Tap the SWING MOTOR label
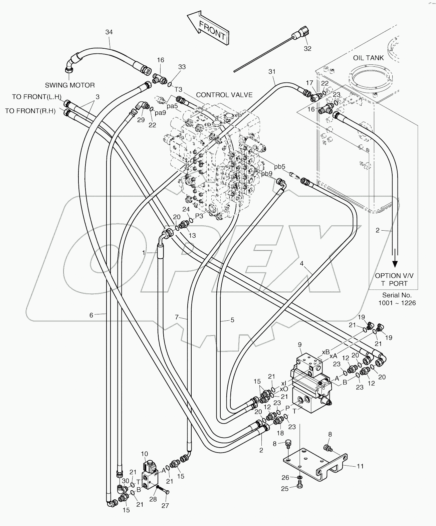[70, 85]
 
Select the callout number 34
[109, 32]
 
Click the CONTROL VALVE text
[224, 95]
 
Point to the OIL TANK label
[368, 58]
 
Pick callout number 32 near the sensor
[307, 48]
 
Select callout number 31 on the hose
[272, 71]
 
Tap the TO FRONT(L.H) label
[37, 97]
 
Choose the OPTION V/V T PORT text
[394, 279]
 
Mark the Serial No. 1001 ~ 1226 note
[397, 299]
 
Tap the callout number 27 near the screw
[165, 506]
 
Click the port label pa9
[161, 112]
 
